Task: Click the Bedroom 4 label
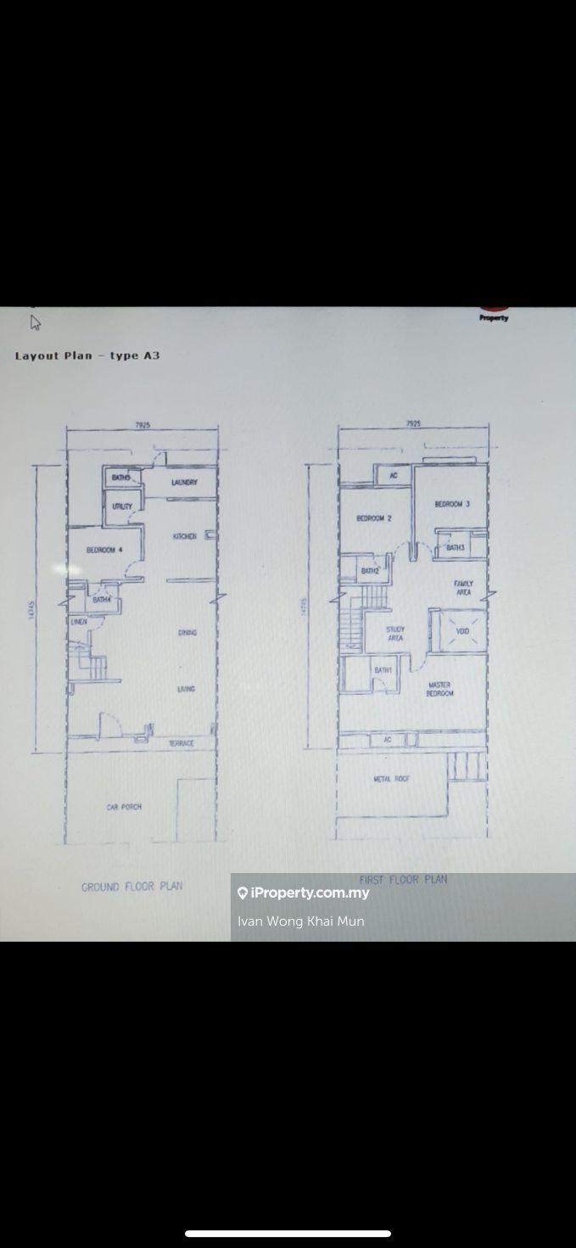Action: click(104, 551)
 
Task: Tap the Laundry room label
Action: click(184, 483)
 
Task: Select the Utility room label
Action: click(122, 506)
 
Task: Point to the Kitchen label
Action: click(185, 537)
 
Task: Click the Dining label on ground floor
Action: click(187, 633)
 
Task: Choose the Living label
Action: click(187, 689)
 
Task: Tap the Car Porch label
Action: click(124, 807)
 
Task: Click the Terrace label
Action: click(182, 743)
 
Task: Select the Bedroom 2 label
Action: click(373, 518)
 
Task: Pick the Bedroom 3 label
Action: click(452, 504)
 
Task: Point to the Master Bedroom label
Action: click(439, 689)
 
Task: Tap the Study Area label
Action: click(395, 634)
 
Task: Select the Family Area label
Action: click(463, 588)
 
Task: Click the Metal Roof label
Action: click(391, 778)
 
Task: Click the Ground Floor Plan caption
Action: click(131, 887)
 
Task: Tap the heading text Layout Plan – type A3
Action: click(87, 355)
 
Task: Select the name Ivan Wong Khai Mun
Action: click(301, 921)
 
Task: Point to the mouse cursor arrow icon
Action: click(36, 322)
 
